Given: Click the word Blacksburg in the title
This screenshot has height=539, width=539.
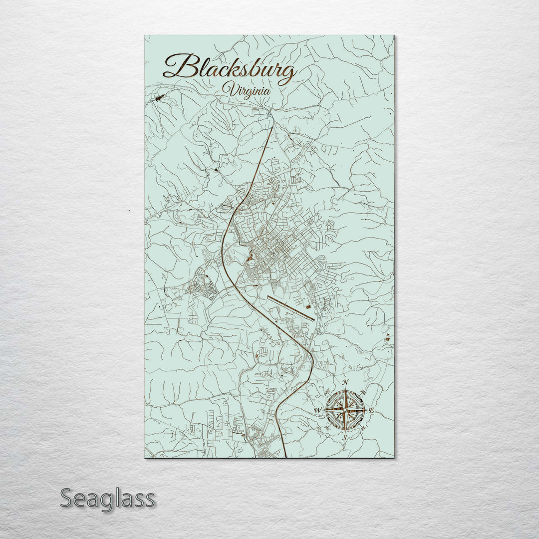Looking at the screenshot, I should pos(230,67).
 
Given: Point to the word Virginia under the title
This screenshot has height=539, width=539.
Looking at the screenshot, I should pos(248,91).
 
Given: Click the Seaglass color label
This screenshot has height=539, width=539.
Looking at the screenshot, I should pos(107,498).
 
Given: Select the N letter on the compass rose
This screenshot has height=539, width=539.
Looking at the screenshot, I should pos(346,383).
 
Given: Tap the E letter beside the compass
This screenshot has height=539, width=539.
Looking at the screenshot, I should pos(371,410).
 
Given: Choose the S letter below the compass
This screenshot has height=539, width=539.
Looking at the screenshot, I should pos(344,438).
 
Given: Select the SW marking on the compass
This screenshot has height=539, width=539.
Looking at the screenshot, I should pos(327,428).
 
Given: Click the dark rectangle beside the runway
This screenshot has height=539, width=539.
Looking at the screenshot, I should pos(308,305).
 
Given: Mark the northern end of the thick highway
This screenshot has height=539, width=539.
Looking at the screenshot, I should pos(272,128).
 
